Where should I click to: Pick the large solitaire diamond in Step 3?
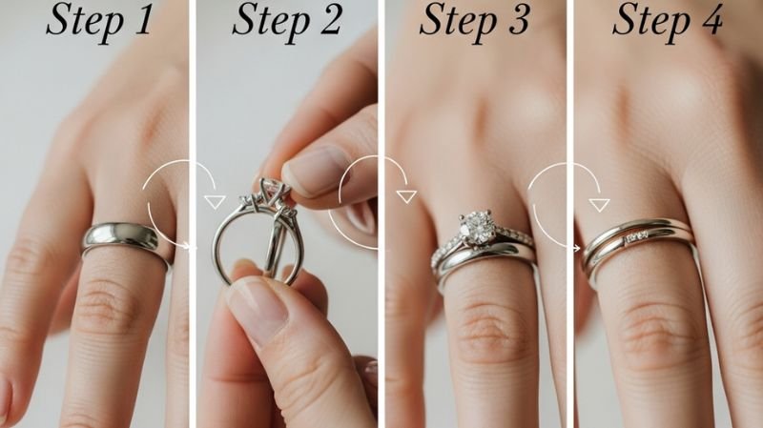478,227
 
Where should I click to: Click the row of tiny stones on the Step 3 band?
513,236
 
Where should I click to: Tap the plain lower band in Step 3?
482,256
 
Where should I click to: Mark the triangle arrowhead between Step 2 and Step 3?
407,196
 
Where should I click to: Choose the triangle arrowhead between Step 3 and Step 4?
598,203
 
